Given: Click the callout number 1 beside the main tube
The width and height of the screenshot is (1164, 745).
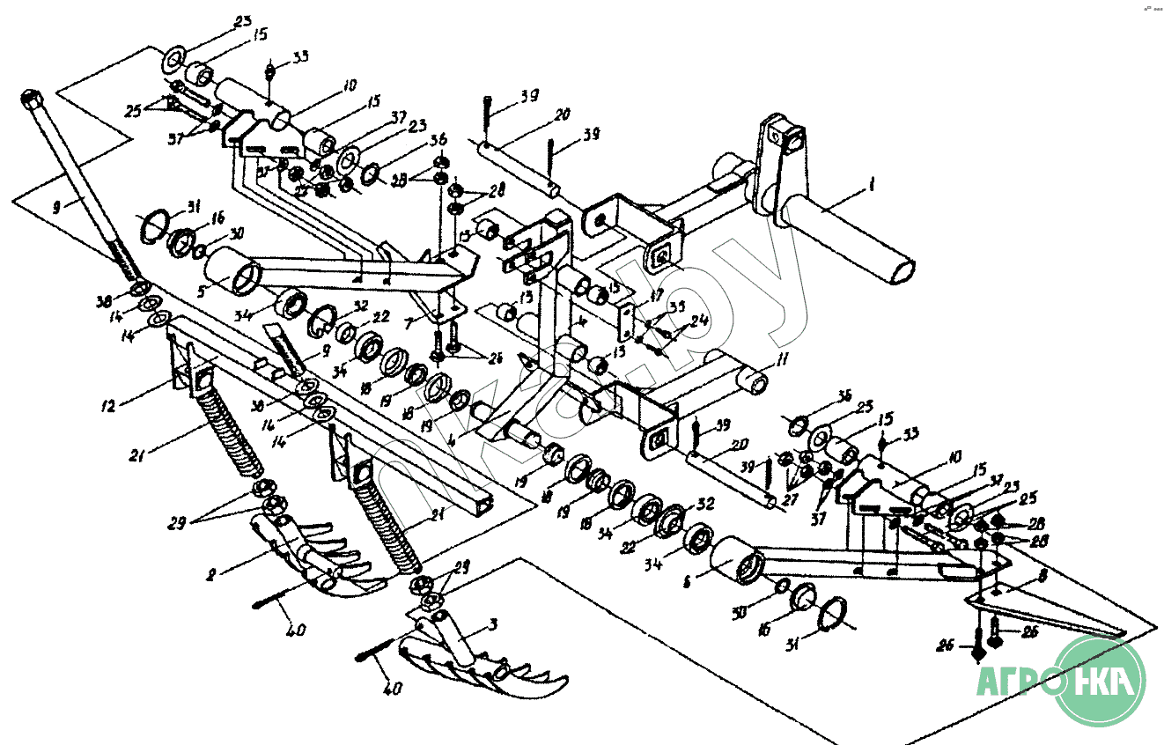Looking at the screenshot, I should pos(871,187).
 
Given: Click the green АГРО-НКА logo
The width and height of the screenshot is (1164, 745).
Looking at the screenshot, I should pos(1101,681).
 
